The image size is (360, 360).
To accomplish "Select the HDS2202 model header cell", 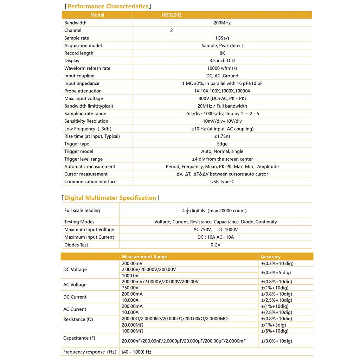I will tap(172, 15).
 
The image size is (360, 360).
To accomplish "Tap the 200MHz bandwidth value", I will tap(222, 23).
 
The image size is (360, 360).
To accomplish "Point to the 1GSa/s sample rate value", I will tap(222, 38).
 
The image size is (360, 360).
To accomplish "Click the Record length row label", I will tap(79, 53).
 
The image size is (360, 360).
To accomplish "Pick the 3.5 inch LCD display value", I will tap(222, 61).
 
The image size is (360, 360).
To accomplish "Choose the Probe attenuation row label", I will tap(83, 91).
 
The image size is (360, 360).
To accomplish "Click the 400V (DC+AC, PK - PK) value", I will tap(222, 98).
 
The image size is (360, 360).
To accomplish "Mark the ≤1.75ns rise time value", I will tap(222, 136).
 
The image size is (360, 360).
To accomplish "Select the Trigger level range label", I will tap(84, 159).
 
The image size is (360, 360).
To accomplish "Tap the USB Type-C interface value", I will tap(222, 182).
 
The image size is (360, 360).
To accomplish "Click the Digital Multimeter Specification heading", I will tap(110, 198).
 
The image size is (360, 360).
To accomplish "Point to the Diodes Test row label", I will tap(76, 245).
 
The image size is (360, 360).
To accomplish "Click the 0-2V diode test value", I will tap(216, 245).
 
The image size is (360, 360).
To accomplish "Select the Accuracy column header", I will tap(271, 257).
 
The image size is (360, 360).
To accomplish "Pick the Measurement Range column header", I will tap(144, 257).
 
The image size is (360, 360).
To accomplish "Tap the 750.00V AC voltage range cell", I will tap(130, 288).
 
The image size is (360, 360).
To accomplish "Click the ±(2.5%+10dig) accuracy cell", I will tap(276, 300).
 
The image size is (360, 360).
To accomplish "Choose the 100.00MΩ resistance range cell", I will tap(133, 331).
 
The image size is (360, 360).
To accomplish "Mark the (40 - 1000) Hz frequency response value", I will tap(136, 352).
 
